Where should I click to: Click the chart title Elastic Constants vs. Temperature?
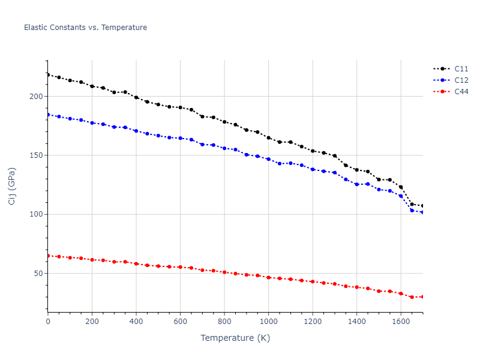click(x=85, y=28)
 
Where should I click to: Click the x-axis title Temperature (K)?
click(x=235, y=338)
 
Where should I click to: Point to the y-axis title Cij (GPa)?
click(x=12, y=186)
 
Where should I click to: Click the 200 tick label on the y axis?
click(x=38, y=97)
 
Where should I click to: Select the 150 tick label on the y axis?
click(x=38, y=155)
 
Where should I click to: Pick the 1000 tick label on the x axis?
click(x=268, y=322)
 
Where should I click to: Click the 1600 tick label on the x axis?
click(x=401, y=322)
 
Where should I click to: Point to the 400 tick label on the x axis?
click(x=136, y=322)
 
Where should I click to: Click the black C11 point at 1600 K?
click(x=401, y=187)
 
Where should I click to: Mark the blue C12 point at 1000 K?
click(x=268, y=159)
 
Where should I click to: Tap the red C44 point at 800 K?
click(x=224, y=272)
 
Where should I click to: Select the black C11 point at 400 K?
click(x=136, y=97)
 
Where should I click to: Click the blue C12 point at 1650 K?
click(x=412, y=211)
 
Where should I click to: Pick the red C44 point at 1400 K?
click(x=356, y=287)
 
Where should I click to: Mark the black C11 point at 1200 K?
click(x=313, y=151)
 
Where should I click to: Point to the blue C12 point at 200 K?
click(x=92, y=123)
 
